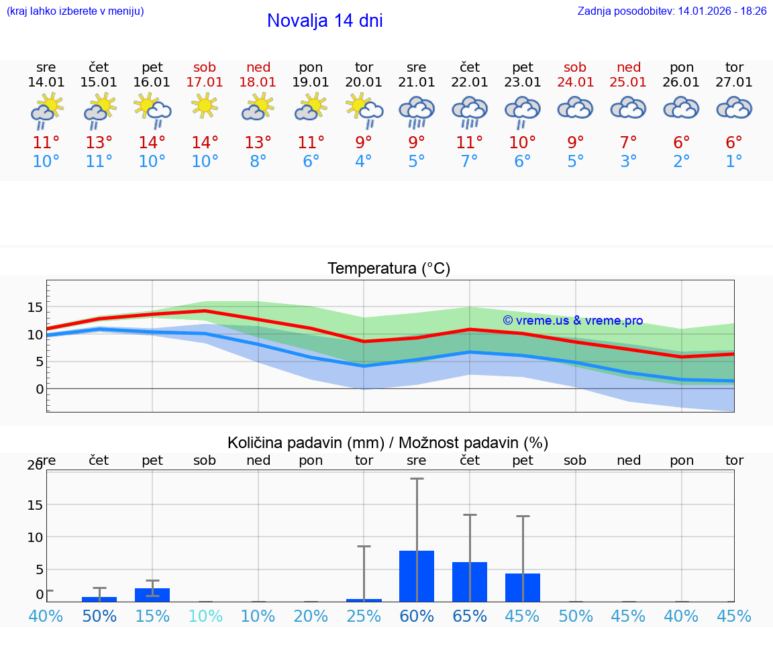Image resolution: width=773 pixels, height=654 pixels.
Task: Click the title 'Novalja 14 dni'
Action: pos(325,21)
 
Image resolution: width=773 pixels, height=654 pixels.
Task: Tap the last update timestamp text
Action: pos(672,11)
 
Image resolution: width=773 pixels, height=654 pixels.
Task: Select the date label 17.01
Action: pos(205,83)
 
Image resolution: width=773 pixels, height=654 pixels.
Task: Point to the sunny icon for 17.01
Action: pos(205,105)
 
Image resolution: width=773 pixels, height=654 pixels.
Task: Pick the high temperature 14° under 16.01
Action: pos(152,143)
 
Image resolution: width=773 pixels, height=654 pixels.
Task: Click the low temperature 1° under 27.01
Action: pos(734,162)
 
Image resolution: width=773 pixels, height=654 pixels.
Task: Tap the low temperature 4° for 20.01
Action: pos(364,162)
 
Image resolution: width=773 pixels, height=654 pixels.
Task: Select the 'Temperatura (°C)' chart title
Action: pos(389,269)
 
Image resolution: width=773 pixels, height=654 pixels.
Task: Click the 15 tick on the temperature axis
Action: pos(35,307)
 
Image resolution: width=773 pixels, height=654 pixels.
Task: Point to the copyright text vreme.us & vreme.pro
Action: pos(573,321)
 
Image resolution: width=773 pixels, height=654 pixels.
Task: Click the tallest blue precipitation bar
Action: pos(417,576)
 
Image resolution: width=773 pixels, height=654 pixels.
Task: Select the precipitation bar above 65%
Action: pos(470,582)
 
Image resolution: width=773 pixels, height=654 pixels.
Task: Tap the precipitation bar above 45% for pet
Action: pos(523,588)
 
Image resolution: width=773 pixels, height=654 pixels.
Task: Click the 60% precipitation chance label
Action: pos(417,616)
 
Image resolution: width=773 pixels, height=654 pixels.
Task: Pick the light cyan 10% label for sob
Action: pos(205,616)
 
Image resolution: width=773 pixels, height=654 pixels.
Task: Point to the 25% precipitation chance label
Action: pos(364,616)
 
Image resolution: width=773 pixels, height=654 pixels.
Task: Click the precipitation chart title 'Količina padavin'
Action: pos(388,443)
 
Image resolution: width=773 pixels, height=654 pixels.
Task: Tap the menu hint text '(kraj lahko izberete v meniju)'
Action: pos(75,11)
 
